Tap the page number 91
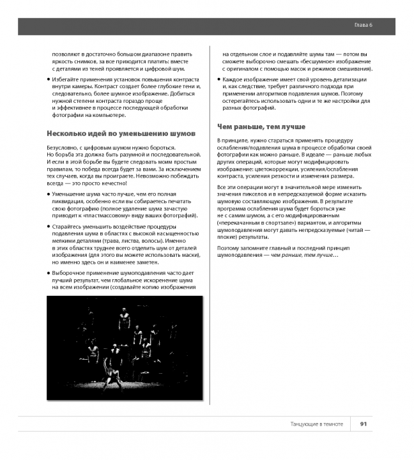(363, 424)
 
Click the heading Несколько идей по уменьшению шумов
(121, 133)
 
